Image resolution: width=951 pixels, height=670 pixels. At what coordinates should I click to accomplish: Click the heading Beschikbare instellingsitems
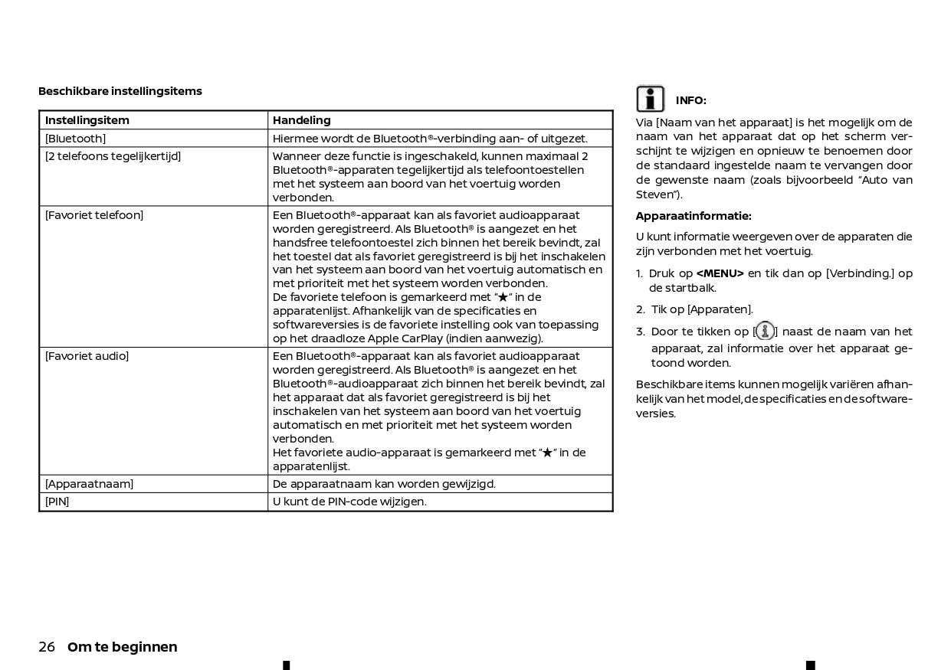120,91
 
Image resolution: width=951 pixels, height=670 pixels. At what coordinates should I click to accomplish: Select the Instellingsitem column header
87,120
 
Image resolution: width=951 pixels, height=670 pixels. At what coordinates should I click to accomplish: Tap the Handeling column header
302,120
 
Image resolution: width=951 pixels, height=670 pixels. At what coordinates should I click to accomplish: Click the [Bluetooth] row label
75,139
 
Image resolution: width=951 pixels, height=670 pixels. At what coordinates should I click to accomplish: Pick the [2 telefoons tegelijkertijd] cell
113,156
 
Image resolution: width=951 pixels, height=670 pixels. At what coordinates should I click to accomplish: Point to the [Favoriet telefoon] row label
94,215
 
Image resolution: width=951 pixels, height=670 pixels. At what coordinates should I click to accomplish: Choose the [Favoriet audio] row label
87,356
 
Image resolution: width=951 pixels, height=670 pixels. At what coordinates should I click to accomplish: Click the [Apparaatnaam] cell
89,484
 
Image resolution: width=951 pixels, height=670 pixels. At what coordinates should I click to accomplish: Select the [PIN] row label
57,502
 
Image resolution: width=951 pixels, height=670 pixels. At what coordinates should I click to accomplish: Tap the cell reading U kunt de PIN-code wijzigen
349,502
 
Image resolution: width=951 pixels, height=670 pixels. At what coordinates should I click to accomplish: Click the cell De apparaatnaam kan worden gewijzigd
384,484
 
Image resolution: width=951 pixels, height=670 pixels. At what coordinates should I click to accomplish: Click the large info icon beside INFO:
651,99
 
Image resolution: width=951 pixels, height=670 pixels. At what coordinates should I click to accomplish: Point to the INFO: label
690,100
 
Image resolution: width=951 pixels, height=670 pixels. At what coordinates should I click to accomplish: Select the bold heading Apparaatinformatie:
694,216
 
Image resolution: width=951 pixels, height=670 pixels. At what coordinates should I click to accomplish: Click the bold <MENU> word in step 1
720,273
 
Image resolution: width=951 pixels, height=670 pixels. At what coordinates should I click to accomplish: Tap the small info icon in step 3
765,331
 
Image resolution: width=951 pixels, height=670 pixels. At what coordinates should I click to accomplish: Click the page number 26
47,647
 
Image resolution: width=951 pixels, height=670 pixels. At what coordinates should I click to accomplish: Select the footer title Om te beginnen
123,647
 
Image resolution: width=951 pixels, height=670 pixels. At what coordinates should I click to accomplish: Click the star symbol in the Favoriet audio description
547,453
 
